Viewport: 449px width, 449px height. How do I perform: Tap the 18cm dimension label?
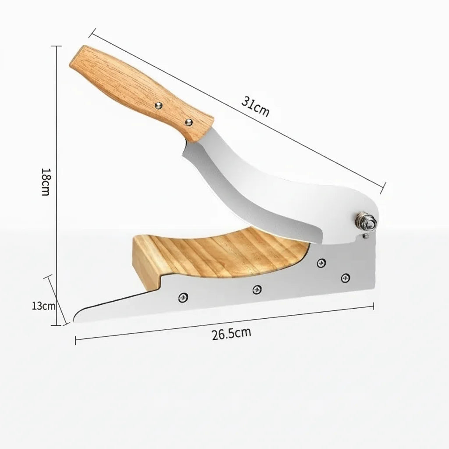(46, 182)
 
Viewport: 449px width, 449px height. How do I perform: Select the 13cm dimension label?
(43, 306)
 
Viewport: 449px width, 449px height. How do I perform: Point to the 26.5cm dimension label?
(232, 334)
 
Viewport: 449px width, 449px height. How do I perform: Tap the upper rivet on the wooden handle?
(158, 106)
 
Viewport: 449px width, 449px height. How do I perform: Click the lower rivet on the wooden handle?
(189, 122)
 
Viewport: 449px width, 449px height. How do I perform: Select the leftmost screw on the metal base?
(183, 298)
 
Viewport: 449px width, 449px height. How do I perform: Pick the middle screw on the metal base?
(257, 290)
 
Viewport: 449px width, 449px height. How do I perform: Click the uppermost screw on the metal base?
(321, 263)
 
